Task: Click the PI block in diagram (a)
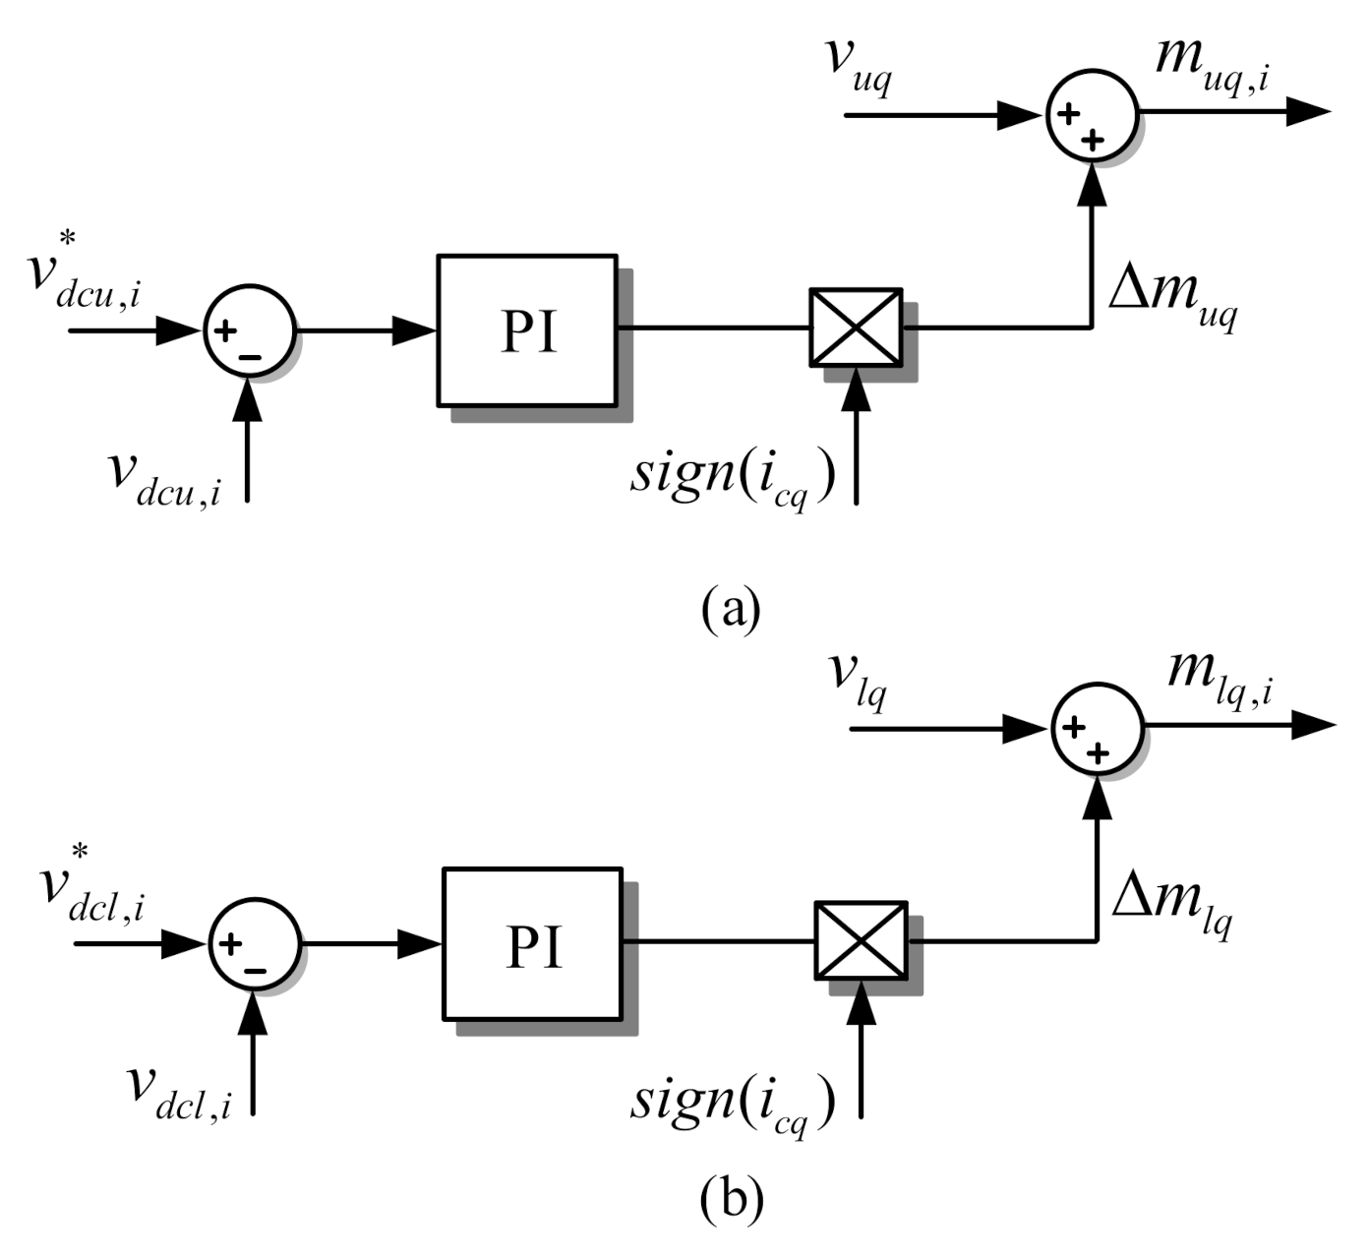click(x=527, y=330)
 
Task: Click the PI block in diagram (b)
click(x=532, y=944)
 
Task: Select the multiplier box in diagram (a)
click(x=856, y=328)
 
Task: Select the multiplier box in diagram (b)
click(x=861, y=941)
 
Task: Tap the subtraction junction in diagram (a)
click(x=249, y=332)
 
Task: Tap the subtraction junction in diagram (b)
click(x=254, y=945)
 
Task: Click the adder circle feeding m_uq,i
click(x=1092, y=114)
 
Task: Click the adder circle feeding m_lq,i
click(x=1098, y=729)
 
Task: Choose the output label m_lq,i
click(x=1220, y=676)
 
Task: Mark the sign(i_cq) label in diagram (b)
click(x=733, y=1102)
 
